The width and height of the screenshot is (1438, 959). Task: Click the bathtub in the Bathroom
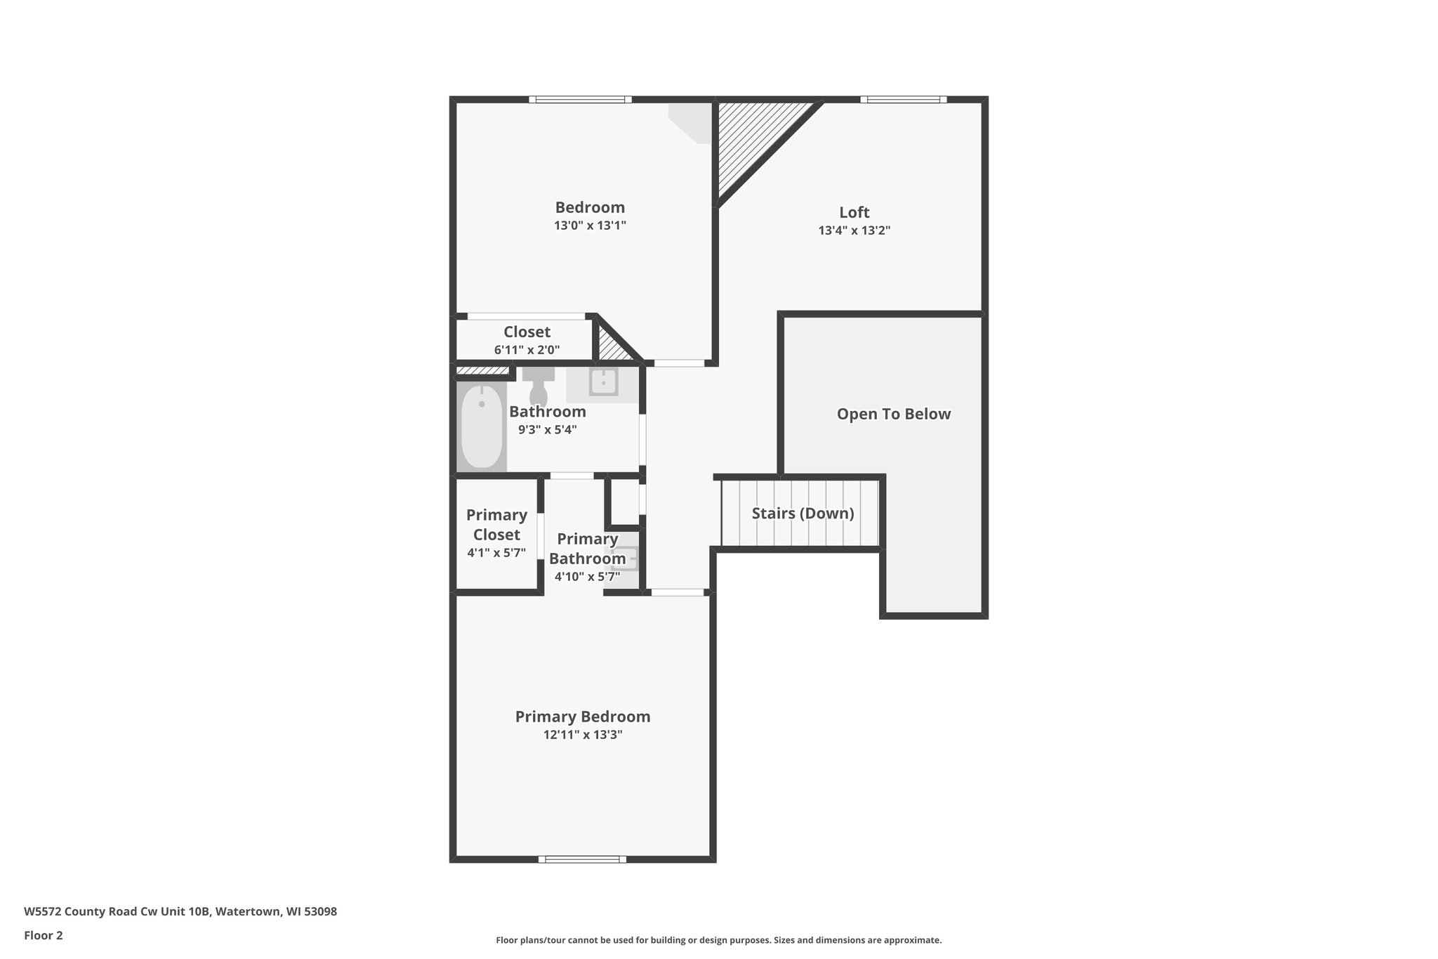(482, 426)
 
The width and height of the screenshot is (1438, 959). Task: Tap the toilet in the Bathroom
(539, 386)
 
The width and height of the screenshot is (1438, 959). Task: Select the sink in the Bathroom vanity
(603, 382)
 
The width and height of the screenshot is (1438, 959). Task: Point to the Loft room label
(854, 212)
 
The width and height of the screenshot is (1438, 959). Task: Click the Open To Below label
(894, 414)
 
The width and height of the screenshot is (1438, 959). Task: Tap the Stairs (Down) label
(803, 514)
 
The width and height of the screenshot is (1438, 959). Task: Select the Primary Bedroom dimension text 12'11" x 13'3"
(583, 735)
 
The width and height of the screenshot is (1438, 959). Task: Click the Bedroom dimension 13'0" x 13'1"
(590, 226)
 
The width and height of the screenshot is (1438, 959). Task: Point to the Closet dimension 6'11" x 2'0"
(527, 350)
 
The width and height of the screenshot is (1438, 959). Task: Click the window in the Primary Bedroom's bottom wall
(583, 859)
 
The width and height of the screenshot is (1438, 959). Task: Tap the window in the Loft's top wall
(904, 100)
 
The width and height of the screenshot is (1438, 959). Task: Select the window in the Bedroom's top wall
(581, 100)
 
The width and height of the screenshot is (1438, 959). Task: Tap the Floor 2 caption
(44, 936)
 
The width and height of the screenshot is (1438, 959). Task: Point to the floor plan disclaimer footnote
(719, 940)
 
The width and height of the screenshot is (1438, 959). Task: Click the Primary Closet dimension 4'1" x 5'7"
(496, 553)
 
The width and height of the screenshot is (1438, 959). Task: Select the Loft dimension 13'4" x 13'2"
(855, 230)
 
